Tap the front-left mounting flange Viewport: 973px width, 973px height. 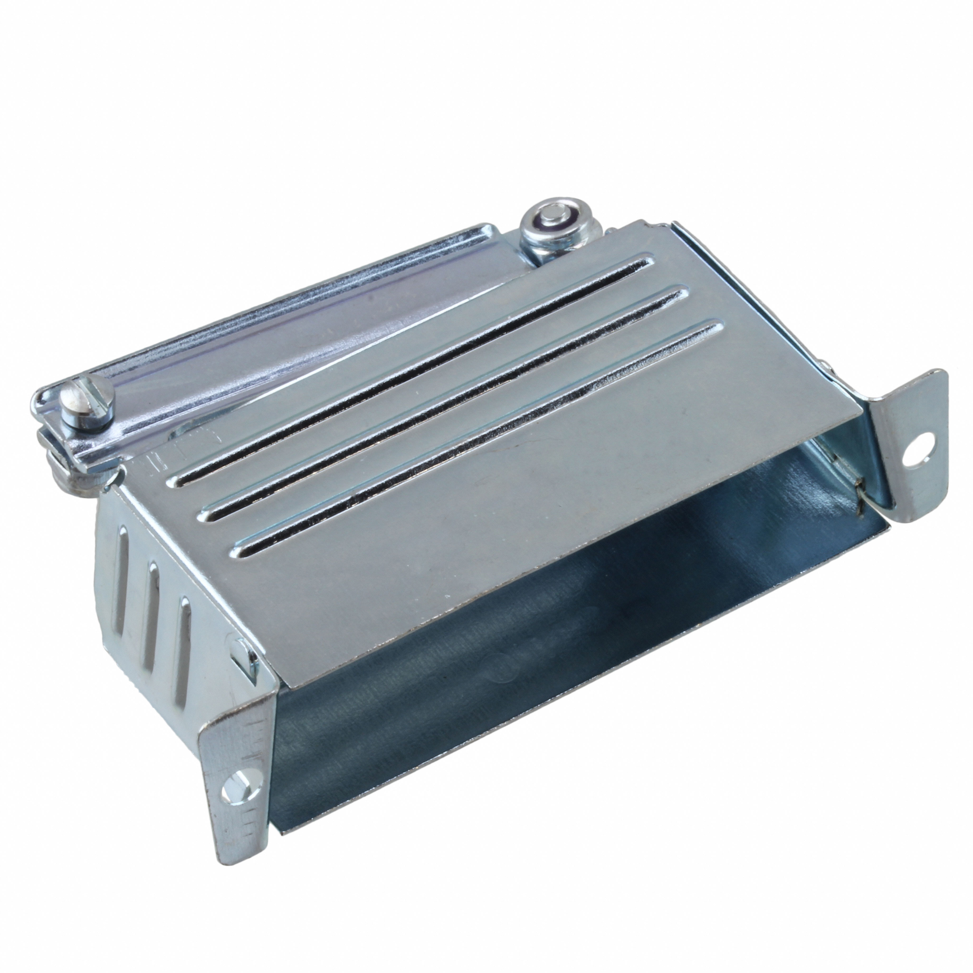(237, 781)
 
